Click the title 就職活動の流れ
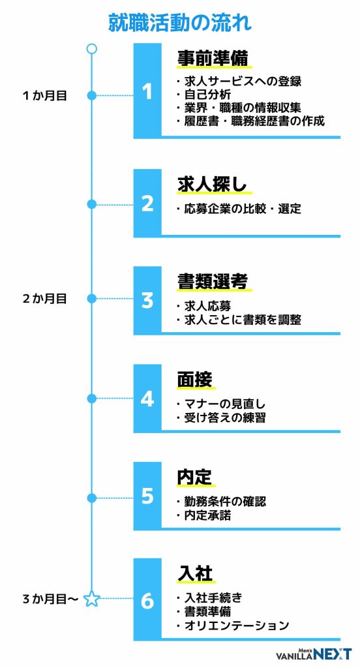point(180,23)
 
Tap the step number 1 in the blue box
point(147,91)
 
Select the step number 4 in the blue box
point(147,399)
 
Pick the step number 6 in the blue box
point(147,601)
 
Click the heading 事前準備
point(213,58)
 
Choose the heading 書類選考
point(213,282)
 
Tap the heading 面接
point(195,379)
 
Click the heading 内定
point(195,477)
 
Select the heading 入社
point(195,574)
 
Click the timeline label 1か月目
point(45,96)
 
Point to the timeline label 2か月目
point(45,299)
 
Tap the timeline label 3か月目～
point(50,599)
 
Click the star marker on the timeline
point(91,599)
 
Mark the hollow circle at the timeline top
point(91,48)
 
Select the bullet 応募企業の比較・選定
point(239,209)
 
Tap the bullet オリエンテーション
point(233,626)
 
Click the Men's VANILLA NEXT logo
point(314,654)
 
